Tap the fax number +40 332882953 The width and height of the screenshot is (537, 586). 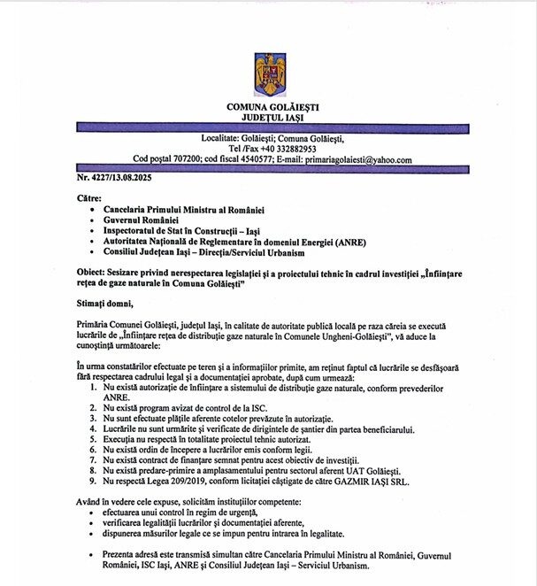pyautogui.click(x=287, y=149)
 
